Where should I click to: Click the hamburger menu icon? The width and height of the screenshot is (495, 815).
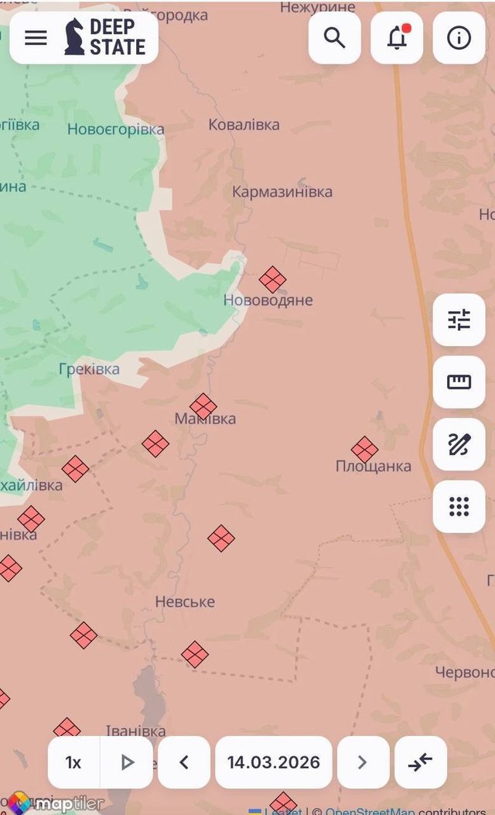[x=36, y=38]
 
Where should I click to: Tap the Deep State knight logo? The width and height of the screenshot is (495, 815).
[x=74, y=37]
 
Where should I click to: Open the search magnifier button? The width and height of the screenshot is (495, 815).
[x=335, y=38]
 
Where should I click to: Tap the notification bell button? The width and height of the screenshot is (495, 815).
[x=397, y=38]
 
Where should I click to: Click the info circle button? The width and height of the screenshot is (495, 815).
[x=459, y=38]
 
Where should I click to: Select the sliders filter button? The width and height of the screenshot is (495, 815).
[x=459, y=320]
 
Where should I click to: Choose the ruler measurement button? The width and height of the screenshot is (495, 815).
[x=459, y=382]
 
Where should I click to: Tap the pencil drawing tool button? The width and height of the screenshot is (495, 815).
[x=459, y=444]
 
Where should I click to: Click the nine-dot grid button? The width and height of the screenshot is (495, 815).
[x=459, y=507]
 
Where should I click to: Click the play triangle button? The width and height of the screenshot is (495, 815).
[x=128, y=762]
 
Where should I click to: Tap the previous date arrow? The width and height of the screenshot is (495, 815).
[x=184, y=762]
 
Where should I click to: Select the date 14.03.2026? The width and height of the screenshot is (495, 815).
[x=273, y=762]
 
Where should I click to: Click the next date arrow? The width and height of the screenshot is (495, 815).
[x=362, y=762]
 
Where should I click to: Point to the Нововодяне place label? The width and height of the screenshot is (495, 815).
[x=268, y=300]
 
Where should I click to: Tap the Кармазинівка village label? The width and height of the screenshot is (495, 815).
[x=282, y=191]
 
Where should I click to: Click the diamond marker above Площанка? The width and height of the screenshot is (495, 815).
[x=364, y=449]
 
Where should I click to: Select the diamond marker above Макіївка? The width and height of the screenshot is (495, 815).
[x=203, y=406]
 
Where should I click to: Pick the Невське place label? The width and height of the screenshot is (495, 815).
[x=185, y=601]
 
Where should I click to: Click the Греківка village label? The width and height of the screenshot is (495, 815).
[x=89, y=369]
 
